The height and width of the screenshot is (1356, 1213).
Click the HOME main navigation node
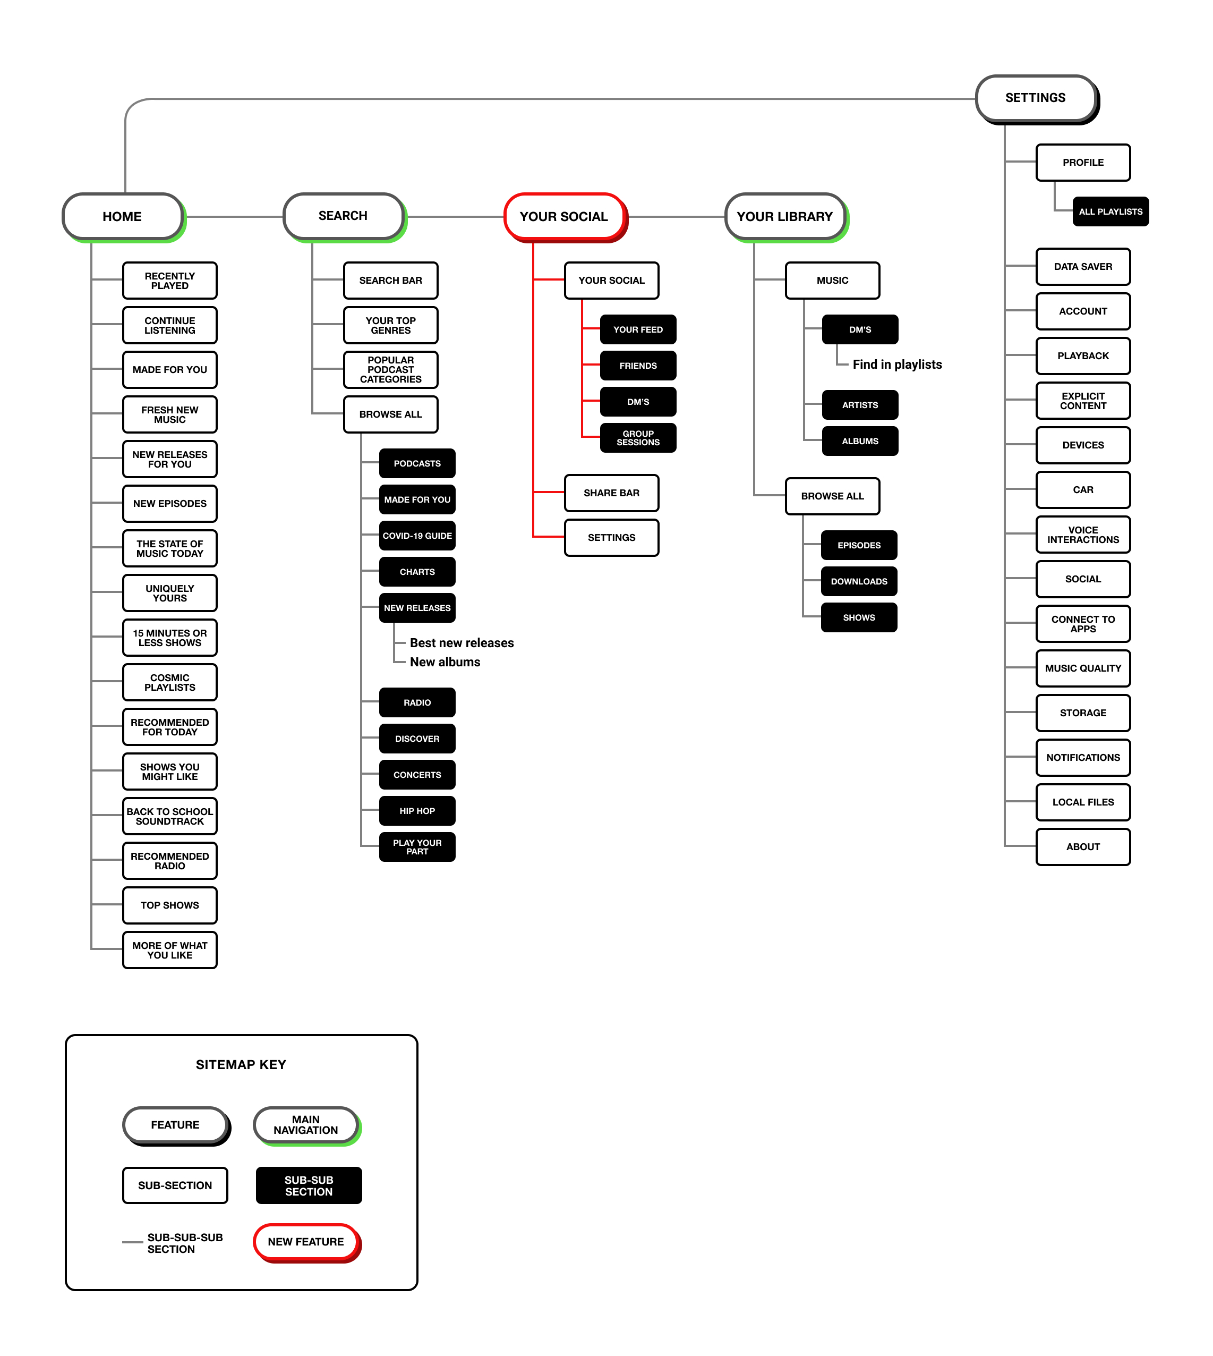pyautogui.click(x=122, y=217)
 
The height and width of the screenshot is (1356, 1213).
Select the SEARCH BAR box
pyautogui.click(x=390, y=281)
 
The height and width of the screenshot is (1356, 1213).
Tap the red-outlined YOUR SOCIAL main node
pyautogui.click(x=564, y=217)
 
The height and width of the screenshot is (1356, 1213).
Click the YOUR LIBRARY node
pyautogui.click(x=784, y=217)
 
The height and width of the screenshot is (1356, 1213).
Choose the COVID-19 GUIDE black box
pyautogui.click(x=417, y=536)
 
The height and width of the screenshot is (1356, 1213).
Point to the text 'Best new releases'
pyautogui.click(x=462, y=643)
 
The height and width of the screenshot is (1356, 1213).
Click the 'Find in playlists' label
pyautogui.click(x=897, y=365)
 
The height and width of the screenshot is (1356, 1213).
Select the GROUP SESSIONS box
pyautogui.click(x=638, y=438)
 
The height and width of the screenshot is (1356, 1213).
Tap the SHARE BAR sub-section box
pyautogui.click(x=611, y=493)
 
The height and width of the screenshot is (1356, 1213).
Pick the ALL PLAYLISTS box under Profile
pyautogui.click(x=1111, y=212)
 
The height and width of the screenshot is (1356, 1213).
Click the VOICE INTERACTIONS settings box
pyautogui.click(x=1083, y=535)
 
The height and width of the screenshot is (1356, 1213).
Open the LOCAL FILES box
pyautogui.click(x=1083, y=802)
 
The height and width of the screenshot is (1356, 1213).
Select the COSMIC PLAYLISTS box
pyautogui.click(x=170, y=683)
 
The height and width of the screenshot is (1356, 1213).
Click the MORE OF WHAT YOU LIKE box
pyautogui.click(x=170, y=950)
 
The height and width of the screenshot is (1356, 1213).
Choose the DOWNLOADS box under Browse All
pyautogui.click(x=859, y=581)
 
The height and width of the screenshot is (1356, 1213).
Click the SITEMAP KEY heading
pyautogui.click(x=241, y=1065)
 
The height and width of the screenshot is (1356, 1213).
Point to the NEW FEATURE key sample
pyautogui.click(x=306, y=1241)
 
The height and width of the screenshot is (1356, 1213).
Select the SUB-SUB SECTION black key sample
pyautogui.click(x=309, y=1185)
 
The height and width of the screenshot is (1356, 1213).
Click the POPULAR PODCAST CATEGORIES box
pyautogui.click(x=390, y=370)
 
